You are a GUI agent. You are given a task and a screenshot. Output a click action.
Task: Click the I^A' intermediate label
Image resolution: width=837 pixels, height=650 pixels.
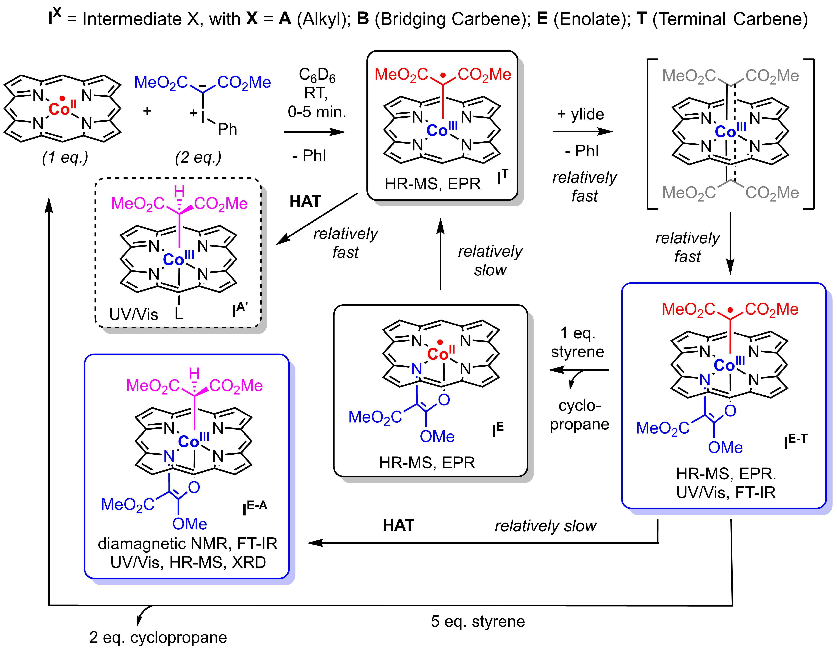[x=240, y=310]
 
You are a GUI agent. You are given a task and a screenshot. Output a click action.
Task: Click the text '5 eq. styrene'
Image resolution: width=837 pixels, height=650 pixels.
[x=478, y=621]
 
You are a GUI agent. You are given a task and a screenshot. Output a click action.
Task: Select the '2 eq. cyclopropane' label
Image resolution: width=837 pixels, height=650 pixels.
[x=158, y=637]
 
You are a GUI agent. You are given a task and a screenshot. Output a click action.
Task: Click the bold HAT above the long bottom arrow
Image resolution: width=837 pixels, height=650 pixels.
[x=399, y=525]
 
